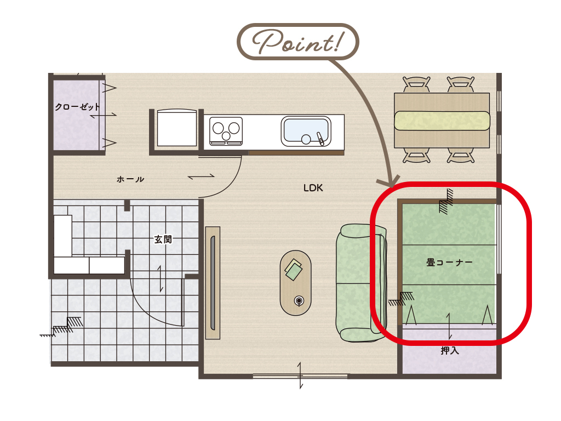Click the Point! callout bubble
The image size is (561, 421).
297,42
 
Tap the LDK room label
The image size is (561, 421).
313,188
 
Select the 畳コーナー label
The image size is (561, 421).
449,263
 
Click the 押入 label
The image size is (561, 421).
450,350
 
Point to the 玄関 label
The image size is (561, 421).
163,239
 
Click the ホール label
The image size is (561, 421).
130,179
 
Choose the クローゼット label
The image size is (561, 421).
77,107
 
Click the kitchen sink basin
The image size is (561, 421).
306,131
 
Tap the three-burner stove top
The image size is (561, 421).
226,131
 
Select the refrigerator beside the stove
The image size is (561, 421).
177,128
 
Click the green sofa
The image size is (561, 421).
362,283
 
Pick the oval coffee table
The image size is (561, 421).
295,283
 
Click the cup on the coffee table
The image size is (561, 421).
299,301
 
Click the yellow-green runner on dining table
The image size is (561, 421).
442,121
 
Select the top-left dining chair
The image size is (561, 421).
416,84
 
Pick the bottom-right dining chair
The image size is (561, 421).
461,156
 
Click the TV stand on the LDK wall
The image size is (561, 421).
213,283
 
